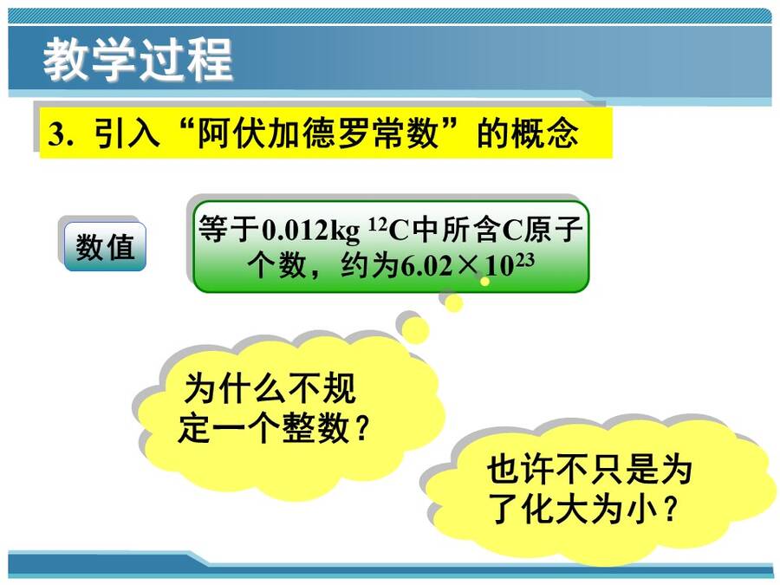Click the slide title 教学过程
138,60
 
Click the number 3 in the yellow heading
56,133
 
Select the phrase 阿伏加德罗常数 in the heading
317,133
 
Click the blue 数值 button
105,247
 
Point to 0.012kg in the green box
311,231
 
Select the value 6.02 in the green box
427,267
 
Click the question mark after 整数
363,429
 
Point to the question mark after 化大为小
671,510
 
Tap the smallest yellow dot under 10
485,282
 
